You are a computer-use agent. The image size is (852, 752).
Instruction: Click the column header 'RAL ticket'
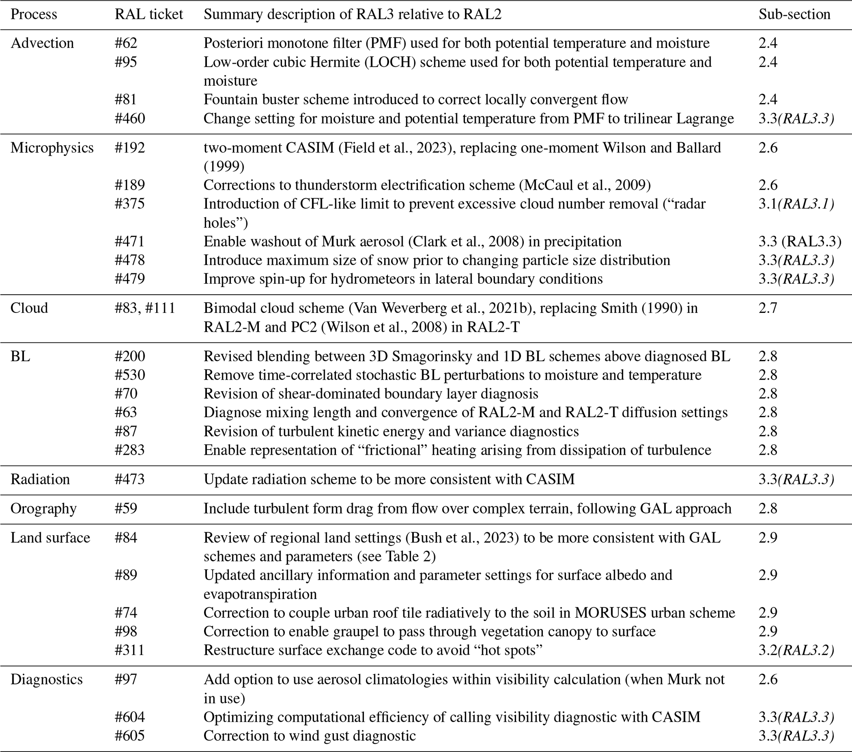(x=149, y=14)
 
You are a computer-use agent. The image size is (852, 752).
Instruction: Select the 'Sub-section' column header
(x=794, y=14)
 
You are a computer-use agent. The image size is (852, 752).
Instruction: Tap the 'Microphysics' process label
(x=52, y=148)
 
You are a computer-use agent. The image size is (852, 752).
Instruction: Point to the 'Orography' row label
(x=43, y=509)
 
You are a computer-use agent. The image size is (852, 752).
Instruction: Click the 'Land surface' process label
(x=50, y=538)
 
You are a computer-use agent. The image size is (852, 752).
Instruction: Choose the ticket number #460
(x=130, y=118)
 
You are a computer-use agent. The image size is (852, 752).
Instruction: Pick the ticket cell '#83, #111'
(x=145, y=308)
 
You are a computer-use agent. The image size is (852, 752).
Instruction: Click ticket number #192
(x=130, y=148)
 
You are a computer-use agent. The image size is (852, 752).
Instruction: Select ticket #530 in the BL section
(x=130, y=375)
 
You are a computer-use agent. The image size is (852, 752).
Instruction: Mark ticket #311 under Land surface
(x=129, y=650)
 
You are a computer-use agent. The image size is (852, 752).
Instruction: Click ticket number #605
(x=130, y=736)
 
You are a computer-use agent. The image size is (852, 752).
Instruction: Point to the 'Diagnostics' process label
(x=47, y=679)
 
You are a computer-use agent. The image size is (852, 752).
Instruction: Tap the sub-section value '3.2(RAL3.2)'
(x=796, y=650)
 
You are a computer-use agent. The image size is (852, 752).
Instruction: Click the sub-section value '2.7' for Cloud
(x=768, y=308)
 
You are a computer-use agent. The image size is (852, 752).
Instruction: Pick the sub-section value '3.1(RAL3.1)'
(x=796, y=204)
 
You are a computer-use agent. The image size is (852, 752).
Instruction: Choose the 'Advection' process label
(x=42, y=43)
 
